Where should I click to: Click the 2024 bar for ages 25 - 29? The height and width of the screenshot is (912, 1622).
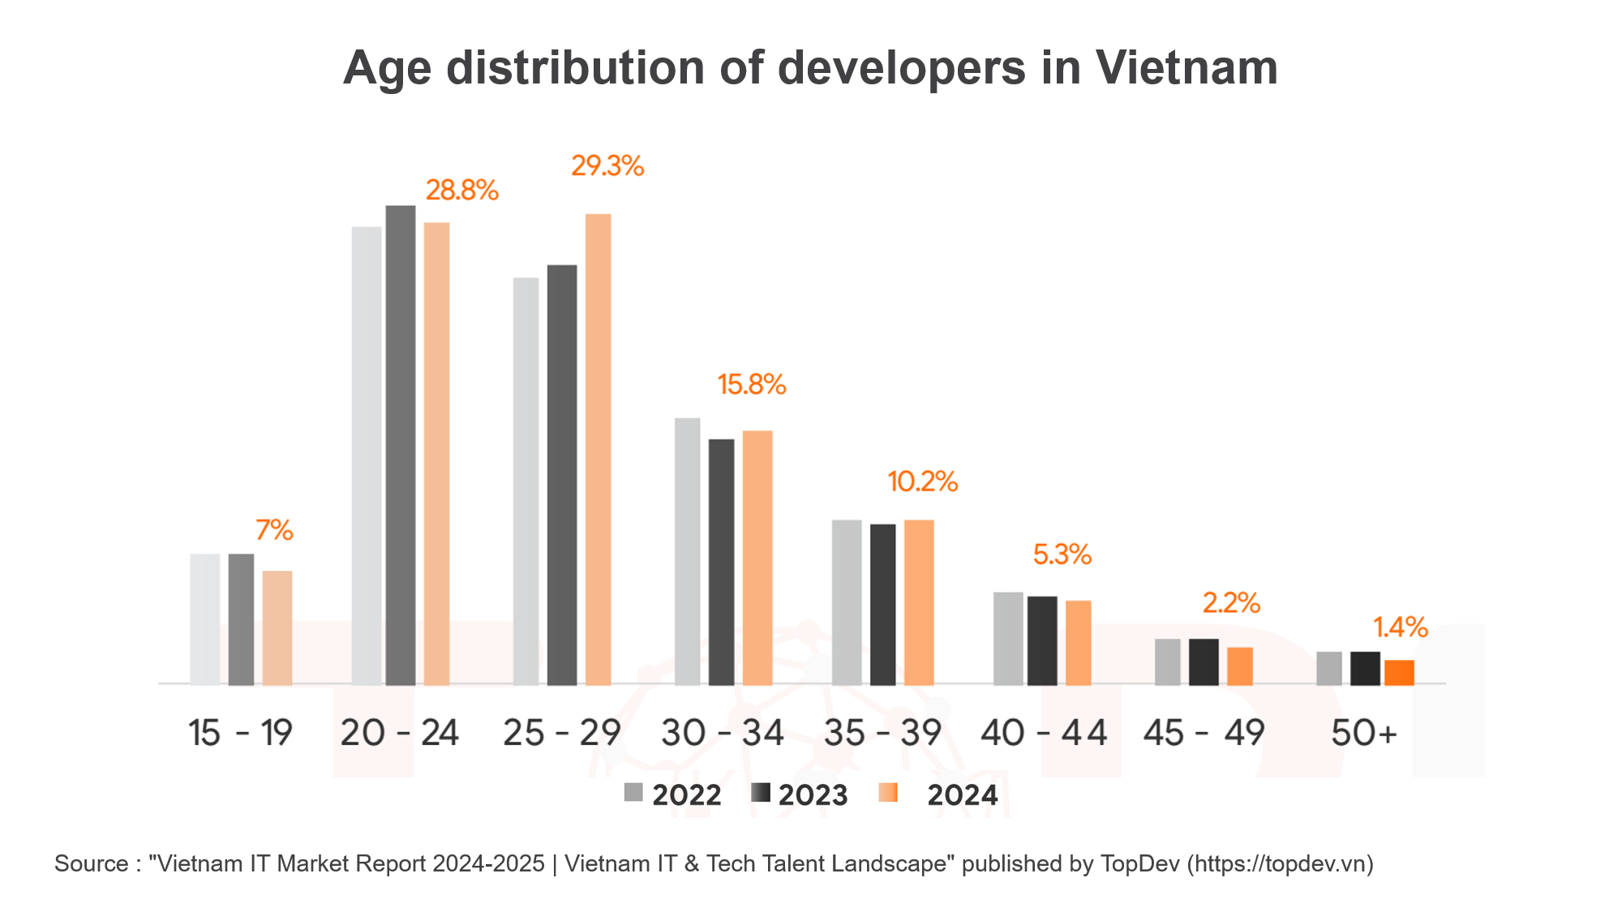click(599, 450)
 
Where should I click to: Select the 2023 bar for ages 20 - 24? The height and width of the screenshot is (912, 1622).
click(401, 446)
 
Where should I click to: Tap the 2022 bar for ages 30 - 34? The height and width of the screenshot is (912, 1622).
click(687, 551)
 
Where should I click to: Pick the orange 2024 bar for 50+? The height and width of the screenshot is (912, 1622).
click(1399, 673)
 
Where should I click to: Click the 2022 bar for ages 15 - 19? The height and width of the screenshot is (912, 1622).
click(205, 619)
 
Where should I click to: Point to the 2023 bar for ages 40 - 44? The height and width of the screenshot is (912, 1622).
click(1042, 640)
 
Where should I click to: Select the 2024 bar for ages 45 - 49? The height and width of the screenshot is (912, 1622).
click(1240, 666)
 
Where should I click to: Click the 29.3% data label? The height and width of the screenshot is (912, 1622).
click(607, 166)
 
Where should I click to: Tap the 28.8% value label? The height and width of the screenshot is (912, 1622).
click(462, 191)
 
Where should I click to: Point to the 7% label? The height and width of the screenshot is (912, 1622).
click(274, 530)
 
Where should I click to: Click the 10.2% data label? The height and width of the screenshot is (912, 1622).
click(923, 482)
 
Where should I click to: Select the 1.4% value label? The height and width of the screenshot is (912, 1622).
click(1401, 627)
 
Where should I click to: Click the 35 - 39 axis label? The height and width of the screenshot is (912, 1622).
click(882, 733)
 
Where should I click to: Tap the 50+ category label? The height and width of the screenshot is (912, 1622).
click(1364, 733)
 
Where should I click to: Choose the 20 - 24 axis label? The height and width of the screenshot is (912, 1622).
click(400, 733)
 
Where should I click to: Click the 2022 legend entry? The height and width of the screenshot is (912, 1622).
click(673, 794)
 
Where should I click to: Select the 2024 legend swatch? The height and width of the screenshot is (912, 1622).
click(888, 793)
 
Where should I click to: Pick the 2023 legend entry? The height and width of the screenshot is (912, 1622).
click(800, 794)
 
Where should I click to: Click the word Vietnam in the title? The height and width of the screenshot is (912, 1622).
click(1186, 67)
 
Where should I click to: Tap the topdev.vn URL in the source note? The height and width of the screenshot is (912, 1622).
click(1280, 863)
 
